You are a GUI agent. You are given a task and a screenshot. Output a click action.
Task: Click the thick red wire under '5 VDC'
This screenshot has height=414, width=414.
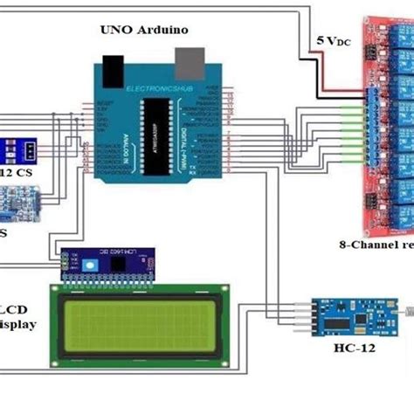345,87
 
